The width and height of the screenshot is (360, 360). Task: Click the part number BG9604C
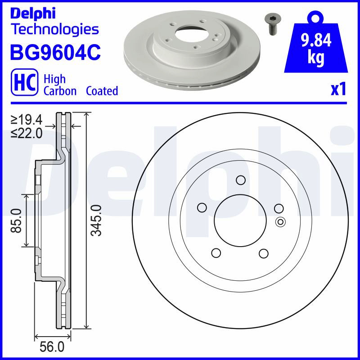coord(55,53)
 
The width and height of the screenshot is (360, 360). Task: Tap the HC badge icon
coord(25,82)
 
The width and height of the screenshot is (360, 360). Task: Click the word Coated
coord(102,91)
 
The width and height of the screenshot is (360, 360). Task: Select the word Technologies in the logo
coord(55,29)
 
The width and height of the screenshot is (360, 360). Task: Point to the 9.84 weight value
coord(316,40)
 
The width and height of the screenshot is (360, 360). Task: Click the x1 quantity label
coord(338,89)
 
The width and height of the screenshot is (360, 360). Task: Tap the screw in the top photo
coord(273,24)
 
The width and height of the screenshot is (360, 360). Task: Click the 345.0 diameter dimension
coord(96,220)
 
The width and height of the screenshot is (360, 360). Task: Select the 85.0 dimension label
coord(16,220)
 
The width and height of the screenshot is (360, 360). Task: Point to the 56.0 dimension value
coord(52,346)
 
